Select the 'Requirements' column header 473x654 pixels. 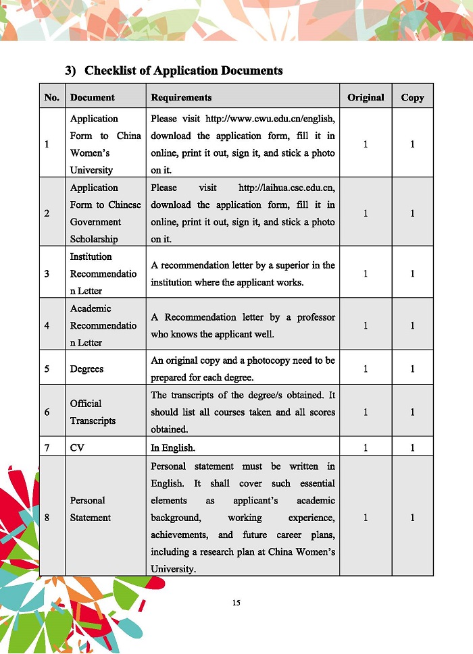(x=181, y=97)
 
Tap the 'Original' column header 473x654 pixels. (x=366, y=97)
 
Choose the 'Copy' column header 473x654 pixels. (x=412, y=97)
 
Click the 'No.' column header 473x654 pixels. (x=52, y=97)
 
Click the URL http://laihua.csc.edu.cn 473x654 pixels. (x=287, y=188)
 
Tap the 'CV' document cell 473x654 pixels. (x=77, y=447)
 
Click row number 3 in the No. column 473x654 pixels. (x=47, y=273)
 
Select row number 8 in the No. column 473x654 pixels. (x=47, y=518)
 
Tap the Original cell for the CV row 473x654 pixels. (x=366, y=447)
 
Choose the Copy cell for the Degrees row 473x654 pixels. (x=412, y=369)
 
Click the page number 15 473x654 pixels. (x=236, y=603)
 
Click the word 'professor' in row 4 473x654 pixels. (x=314, y=317)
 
